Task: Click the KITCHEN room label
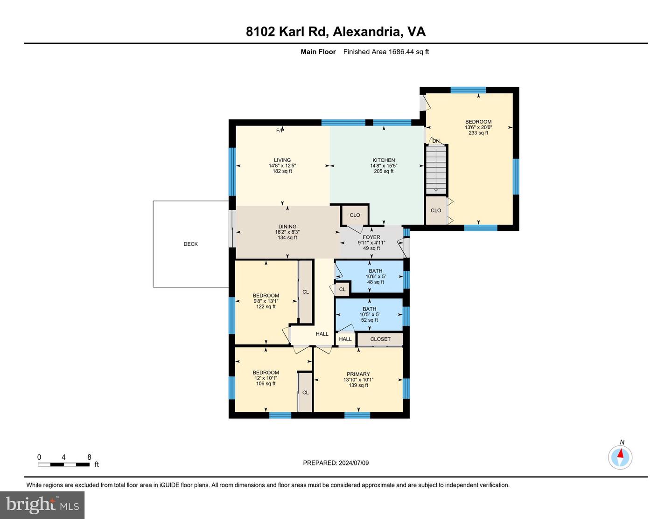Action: (384, 160)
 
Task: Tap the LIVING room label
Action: (282, 160)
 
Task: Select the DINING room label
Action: (287, 227)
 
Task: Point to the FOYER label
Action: (371, 237)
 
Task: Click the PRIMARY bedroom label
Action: (358, 374)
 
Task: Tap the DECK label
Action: (190, 244)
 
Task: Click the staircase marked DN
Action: (436, 169)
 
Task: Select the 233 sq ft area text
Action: (478, 133)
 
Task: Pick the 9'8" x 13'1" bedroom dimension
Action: (266, 301)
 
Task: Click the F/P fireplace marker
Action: (280, 131)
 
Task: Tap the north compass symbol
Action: (620, 457)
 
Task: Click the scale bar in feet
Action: (64, 464)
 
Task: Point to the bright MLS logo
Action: (42, 505)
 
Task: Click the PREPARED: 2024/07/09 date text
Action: (336, 463)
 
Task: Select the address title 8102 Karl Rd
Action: (287, 32)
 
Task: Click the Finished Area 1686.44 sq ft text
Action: (386, 52)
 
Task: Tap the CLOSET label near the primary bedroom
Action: (380, 339)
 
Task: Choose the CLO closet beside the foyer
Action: (355, 215)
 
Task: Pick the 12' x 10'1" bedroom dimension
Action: (266, 378)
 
